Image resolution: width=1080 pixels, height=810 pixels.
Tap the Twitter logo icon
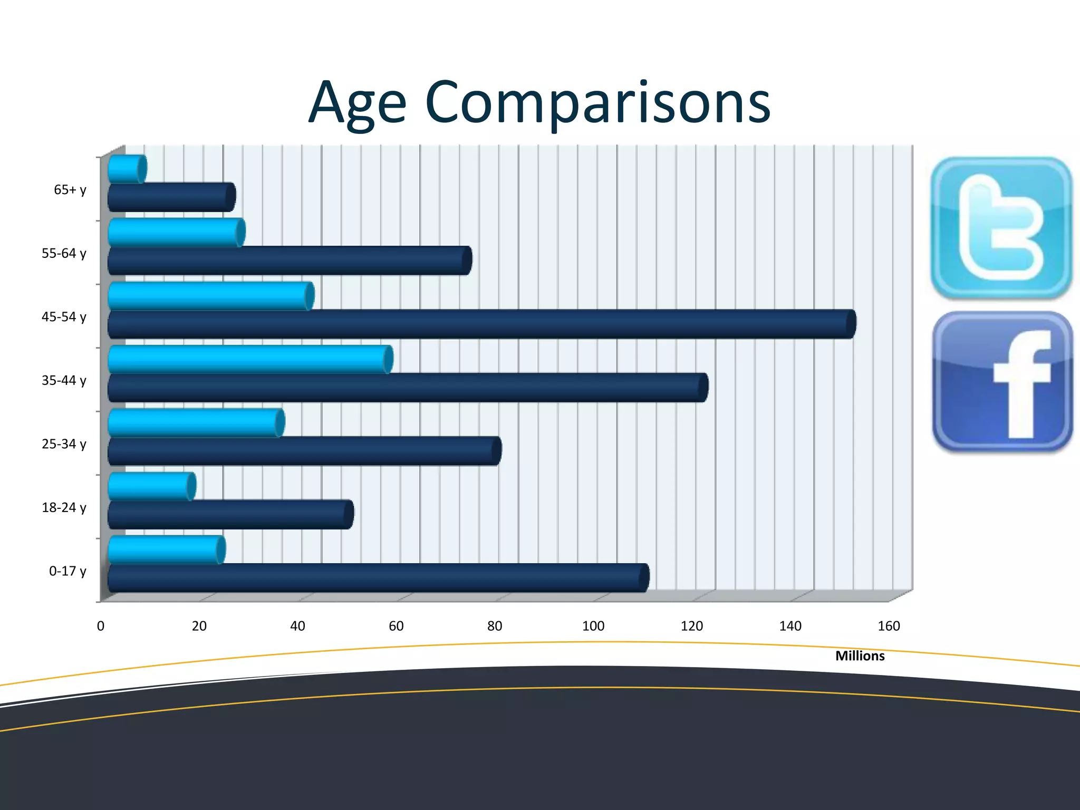click(1001, 228)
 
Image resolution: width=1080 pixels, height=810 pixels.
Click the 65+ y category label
click(70, 190)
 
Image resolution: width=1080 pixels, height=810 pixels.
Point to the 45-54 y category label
click(64, 317)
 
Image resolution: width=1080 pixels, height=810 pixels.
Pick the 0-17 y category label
click(67, 571)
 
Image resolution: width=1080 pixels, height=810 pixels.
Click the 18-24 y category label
click(64, 508)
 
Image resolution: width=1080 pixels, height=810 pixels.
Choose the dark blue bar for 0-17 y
click(378, 578)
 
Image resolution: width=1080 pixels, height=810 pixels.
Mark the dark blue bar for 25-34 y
click(304, 451)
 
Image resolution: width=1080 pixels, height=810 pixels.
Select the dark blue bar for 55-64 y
click(289, 261)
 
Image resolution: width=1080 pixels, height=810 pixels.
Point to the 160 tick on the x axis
click(889, 626)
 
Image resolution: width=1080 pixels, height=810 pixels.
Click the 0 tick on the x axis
click(101, 626)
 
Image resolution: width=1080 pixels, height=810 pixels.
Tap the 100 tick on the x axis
click(593, 626)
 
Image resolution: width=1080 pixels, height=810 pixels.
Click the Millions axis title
click(860, 656)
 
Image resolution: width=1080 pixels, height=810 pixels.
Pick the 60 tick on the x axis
click(396, 626)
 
